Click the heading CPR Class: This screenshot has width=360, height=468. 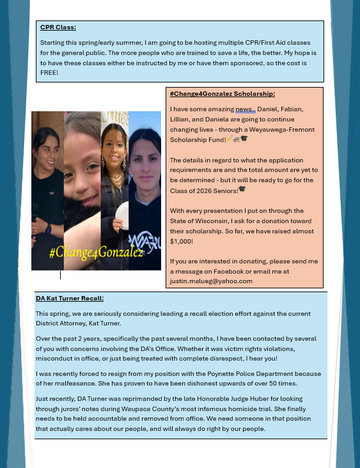pyautogui.click(x=58, y=27)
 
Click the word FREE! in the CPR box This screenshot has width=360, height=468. pyautogui.click(x=49, y=72)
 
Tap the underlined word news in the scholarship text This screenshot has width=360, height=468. pyautogui.click(x=244, y=109)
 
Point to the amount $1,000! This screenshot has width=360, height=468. pyautogui.click(x=182, y=241)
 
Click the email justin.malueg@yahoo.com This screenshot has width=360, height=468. pyautogui.click(x=211, y=281)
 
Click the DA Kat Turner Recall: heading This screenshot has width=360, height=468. pyautogui.click(x=70, y=298)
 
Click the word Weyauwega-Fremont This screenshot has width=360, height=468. pyautogui.click(x=276, y=129)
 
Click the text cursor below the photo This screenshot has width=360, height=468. pyautogui.click(x=61, y=275)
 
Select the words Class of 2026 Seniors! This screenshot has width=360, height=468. pyautogui.click(x=204, y=190)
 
